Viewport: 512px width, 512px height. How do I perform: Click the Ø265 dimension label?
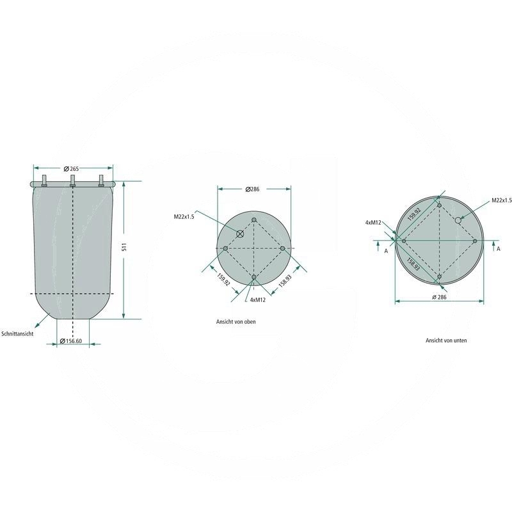71,169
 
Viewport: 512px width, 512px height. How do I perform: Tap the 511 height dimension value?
124,247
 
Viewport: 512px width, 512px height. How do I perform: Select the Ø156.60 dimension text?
71,341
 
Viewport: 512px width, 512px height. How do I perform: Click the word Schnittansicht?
17,333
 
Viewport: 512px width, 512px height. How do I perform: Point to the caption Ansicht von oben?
236,322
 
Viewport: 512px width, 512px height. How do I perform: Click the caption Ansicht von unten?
446,340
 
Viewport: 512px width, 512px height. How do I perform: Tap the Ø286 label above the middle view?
252,189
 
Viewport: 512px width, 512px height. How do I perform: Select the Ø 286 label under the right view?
439,297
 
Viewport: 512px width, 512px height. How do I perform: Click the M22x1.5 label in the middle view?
184,216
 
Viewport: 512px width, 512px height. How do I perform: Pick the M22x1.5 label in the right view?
502,200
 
